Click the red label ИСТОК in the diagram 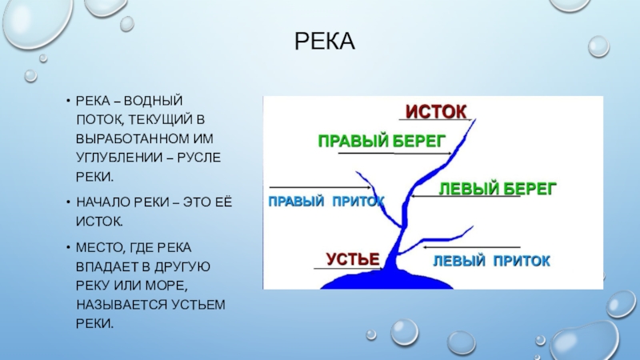click(437, 110)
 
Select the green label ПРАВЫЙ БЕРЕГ click(382, 141)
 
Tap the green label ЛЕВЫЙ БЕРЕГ click(497, 189)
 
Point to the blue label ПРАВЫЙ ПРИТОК click(326, 201)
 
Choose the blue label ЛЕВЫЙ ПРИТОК click(491, 261)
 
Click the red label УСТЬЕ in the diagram click(351, 258)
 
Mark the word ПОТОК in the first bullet click(97, 119)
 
